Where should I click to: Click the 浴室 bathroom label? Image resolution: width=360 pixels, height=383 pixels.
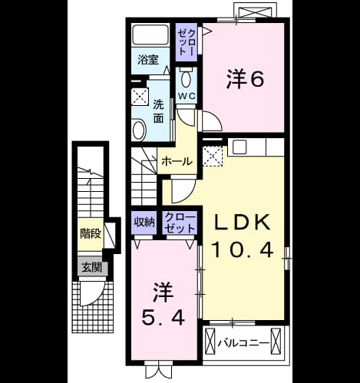[x=148, y=60]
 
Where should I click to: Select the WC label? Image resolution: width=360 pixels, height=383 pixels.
[x=187, y=96]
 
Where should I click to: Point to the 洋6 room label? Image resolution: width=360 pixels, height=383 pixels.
[x=245, y=80]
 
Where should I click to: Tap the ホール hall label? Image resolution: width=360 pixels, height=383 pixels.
[x=177, y=161]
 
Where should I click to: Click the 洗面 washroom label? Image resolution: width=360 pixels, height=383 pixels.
[x=159, y=111]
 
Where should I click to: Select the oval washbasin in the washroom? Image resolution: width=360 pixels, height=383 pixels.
[x=139, y=130]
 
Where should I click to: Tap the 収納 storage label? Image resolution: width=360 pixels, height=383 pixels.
[x=144, y=223]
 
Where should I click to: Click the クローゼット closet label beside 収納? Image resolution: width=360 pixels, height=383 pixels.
[x=180, y=223]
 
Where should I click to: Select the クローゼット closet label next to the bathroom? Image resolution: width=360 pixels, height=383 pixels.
[x=187, y=42]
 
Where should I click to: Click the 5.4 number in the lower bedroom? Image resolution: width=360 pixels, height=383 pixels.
[x=163, y=319]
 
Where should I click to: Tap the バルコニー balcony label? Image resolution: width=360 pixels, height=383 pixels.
[x=243, y=343]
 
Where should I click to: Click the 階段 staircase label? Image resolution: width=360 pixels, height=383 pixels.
[x=91, y=233]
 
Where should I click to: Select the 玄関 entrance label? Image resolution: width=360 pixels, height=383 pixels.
[x=91, y=268]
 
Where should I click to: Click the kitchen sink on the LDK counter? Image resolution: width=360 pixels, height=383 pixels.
[x=239, y=147]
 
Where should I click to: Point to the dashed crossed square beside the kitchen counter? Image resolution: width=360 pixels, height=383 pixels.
[x=213, y=156]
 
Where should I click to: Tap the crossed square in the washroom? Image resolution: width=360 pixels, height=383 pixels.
[x=140, y=97]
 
